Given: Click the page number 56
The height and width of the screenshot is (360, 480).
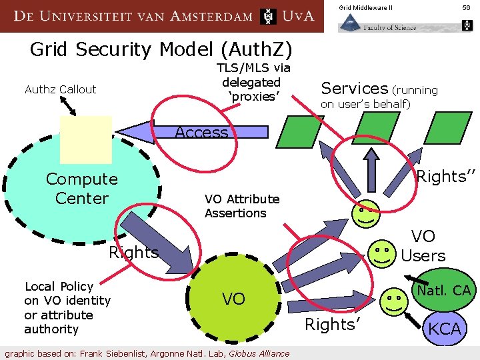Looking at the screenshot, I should point(466,7).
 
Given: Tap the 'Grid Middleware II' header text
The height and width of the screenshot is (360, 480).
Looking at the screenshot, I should point(365,7).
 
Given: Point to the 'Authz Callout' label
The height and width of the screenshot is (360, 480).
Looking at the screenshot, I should point(60,89).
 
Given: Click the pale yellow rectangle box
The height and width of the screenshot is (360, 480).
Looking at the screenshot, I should point(85,139).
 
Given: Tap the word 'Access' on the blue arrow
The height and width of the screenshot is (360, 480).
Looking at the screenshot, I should point(201,132).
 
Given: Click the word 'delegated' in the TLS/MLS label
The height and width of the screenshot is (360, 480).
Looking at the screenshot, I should point(251,82).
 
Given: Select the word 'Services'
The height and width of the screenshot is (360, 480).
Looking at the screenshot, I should point(354,88).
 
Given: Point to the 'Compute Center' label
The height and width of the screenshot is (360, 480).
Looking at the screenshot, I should point(81,189).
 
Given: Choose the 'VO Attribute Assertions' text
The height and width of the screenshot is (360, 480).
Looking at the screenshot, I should point(241,206).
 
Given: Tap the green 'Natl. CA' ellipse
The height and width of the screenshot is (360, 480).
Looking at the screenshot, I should point(443,290).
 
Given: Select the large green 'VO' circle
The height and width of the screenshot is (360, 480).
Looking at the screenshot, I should point(233,299).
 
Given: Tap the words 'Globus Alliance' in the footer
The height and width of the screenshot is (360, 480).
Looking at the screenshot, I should point(259,353).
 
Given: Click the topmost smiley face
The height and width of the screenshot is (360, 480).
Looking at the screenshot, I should point(365,213).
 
